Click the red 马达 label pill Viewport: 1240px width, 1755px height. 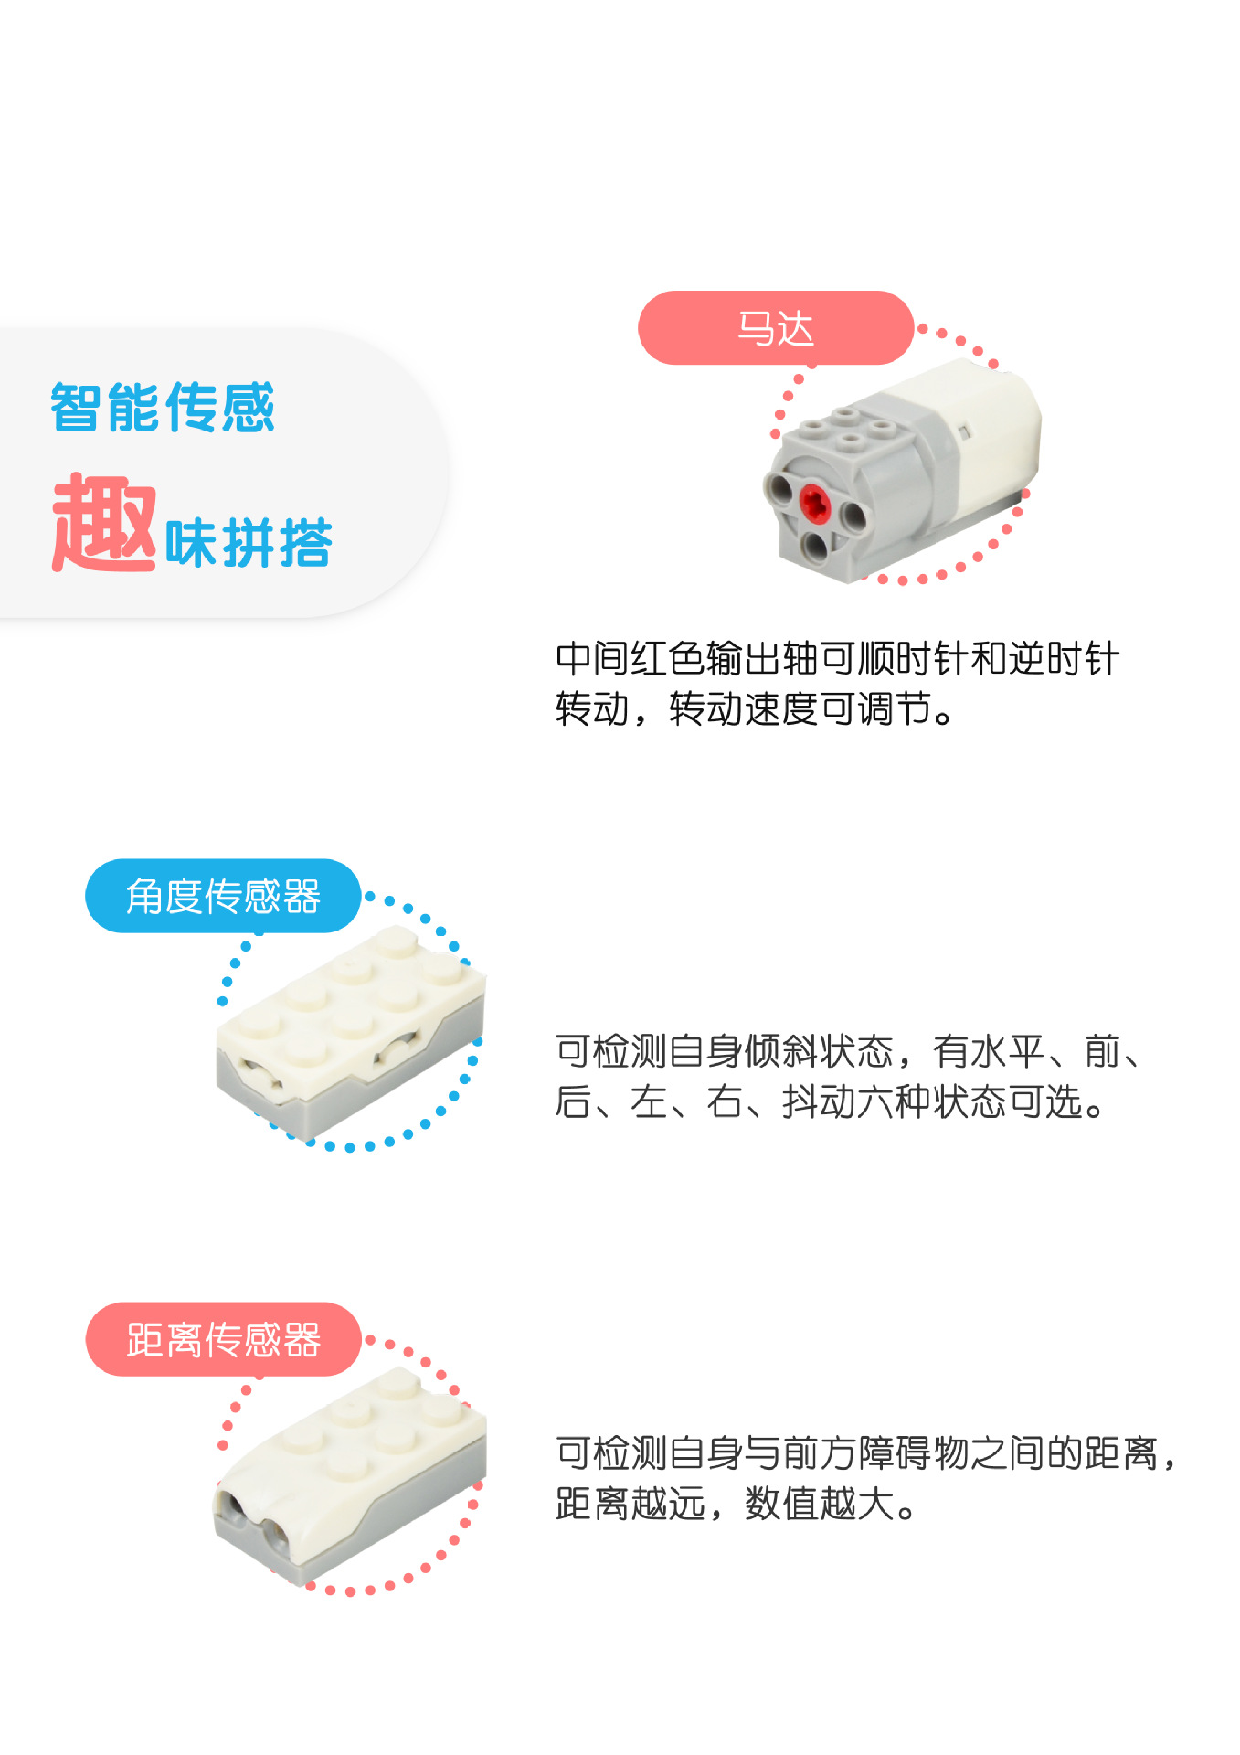tap(775, 328)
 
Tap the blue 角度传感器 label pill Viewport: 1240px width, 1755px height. tap(223, 896)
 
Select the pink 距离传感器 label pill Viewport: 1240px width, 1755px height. tap(223, 1339)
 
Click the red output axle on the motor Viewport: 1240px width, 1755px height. tap(813, 501)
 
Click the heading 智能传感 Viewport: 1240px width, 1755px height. tap(163, 408)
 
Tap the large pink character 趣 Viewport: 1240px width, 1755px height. tap(104, 523)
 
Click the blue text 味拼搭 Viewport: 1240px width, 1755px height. tap(249, 543)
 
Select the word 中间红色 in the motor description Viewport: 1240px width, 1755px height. tap(630, 659)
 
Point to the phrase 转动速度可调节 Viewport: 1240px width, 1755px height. tap(800, 709)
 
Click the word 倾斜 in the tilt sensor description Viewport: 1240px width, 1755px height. tap(780, 1051)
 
